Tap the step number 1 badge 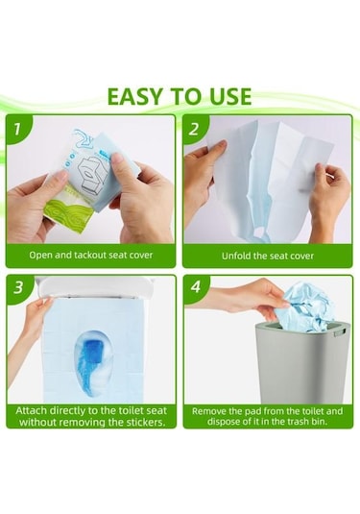(x=16, y=129)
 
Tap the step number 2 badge (x=194, y=129)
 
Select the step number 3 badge (x=18, y=287)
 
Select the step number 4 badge (x=196, y=287)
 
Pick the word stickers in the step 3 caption (x=144, y=422)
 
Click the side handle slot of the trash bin (x=340, y=332)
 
